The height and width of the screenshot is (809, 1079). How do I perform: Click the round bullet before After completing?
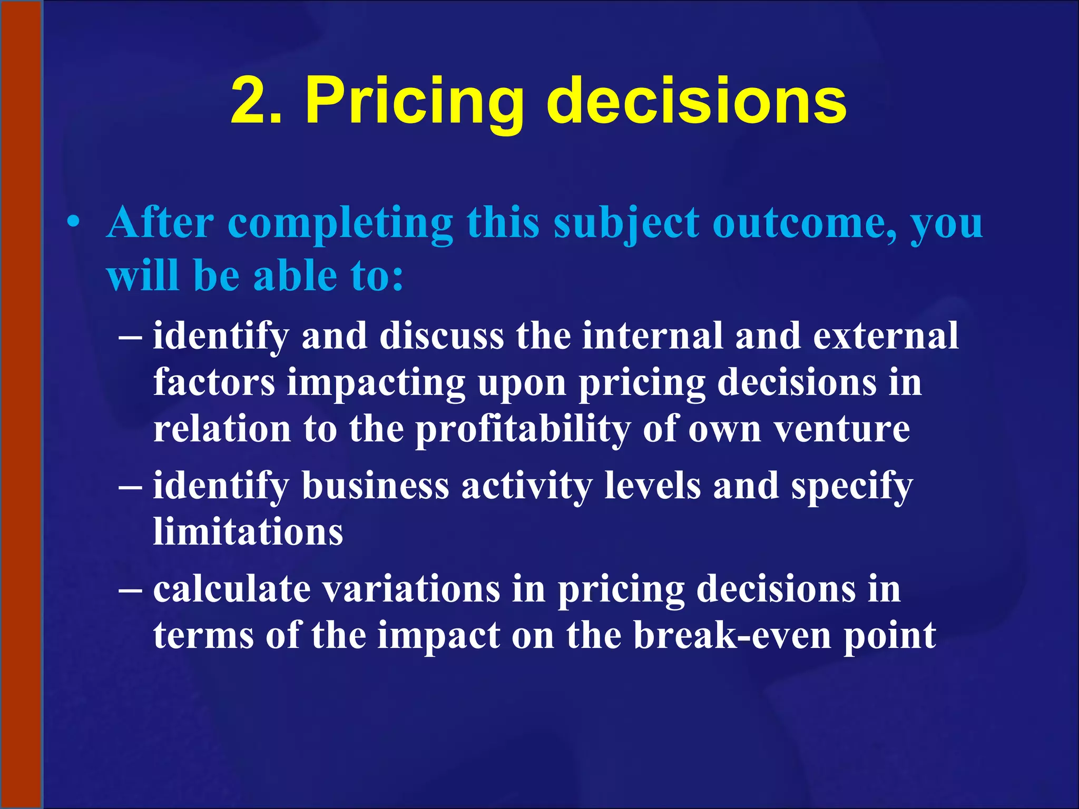click(x=74, y=222)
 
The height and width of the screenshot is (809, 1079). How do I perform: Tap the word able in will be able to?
click(x=295, y=276)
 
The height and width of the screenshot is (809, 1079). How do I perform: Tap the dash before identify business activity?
click(x=130, y=486)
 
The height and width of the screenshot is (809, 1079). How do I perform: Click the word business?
click(x=375, y=486)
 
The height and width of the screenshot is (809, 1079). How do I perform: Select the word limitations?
click(x=248, y=531)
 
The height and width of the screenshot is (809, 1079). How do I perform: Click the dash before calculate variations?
click(x=130, y=589)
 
